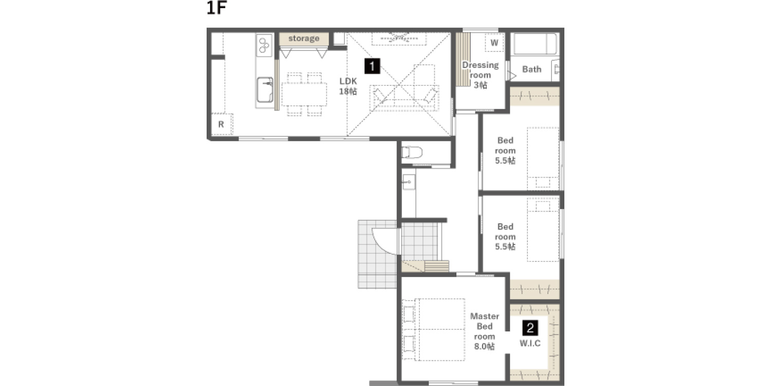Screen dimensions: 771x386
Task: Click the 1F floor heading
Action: tap(216, 8)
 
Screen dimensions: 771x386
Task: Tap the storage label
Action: tap(304, 38)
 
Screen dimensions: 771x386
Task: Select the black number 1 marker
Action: tap(372, 66)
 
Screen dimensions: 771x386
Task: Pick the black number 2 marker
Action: tap(530, 328)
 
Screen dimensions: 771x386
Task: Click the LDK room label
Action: tap(348, 86)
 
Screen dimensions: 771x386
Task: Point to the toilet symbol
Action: tap(412, 152)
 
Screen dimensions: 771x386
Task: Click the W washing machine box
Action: tap(494, 43)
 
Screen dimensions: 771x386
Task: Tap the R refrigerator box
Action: tap(222, 124)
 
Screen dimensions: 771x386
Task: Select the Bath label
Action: tap(532, 69)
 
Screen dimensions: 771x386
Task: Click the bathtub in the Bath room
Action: tap(535, 44)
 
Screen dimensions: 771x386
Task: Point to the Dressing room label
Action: tap(480, 75)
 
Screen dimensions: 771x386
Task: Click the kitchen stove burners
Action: tap(264, 45)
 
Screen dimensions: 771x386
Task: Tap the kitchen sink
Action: tap(265, 90)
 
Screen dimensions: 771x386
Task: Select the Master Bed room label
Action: tap(485, 331)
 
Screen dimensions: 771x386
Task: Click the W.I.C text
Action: tap(530, 343)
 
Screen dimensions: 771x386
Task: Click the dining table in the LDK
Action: tap(304, 94)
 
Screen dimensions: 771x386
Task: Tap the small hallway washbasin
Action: tap(409, 182)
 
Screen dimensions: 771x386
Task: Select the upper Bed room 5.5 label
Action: tap(505, 150)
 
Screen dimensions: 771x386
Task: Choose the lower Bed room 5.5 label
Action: tap(505, 236)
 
